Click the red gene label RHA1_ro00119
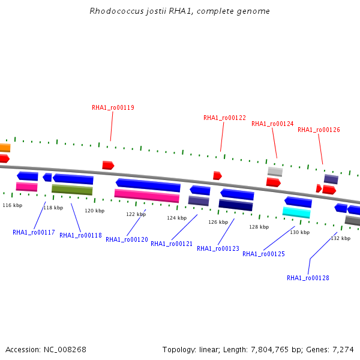click(113, 107)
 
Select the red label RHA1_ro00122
click(224, 118)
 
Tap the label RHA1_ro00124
click(272, 124)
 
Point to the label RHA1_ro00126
click(319, 130)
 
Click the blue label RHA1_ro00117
click(34, 232)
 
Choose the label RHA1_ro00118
click(80, 235)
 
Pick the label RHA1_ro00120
click(127, 239)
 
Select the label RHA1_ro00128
click(308, 278)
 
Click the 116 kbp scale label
click(13, 205)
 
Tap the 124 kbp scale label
click(177, 218)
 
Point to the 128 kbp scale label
click(259, 227)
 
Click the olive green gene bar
click(72, 190)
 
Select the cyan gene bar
click(296, 212)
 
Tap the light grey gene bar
click(275, 172)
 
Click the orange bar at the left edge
click(5, 148)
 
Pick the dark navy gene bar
click(236, 205)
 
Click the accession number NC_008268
click(65, 350)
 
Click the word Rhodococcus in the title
click(116, 11)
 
